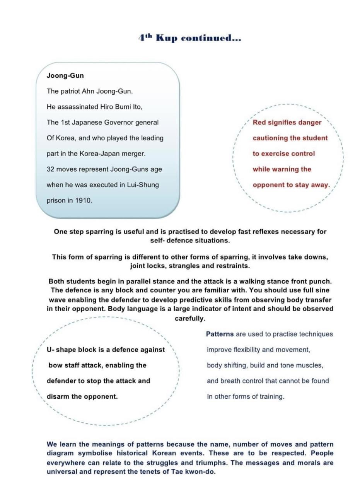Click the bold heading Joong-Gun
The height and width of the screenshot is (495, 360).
pos(65,76)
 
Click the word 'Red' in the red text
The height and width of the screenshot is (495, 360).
pos(259,122)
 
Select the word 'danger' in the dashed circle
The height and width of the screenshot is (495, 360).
pos(309,122)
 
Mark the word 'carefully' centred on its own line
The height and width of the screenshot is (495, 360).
pos(189,319)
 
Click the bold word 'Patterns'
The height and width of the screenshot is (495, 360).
pos(220,334)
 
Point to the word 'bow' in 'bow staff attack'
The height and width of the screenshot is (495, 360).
pos(55,365)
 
